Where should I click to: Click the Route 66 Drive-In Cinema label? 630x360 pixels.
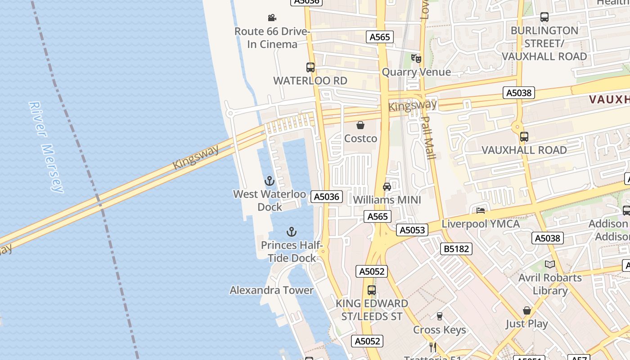coord(272,38)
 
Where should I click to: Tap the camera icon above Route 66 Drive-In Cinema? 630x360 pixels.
coord(272,18)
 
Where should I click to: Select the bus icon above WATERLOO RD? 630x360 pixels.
coord(310,67)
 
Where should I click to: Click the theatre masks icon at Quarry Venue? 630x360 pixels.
coord(416,58)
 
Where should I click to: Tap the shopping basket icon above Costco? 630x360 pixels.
coord(360,125)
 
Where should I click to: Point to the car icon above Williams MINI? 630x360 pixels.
coord(387,187)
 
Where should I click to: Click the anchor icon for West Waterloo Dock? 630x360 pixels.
coord(269,181)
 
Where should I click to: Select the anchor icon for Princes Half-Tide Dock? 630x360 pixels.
coord(292,232)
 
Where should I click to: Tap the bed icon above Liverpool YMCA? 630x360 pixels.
coord(481,210)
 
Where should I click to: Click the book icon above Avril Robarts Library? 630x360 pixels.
coord(550,264)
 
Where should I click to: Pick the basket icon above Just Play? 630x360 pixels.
coord(527,310)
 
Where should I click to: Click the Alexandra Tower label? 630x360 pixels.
coord(271,290)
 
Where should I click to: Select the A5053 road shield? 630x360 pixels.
coord(412,230)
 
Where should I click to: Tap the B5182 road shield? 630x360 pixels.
coord(456,249)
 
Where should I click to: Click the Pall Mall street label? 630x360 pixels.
coord(428,138)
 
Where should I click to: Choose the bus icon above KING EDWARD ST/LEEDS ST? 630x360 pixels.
coord(372,290)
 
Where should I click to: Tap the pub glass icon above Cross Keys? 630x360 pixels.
coord(440,316)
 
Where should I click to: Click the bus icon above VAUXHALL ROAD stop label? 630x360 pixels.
coord(524,137)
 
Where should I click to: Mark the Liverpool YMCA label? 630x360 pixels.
coord(481,224)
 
